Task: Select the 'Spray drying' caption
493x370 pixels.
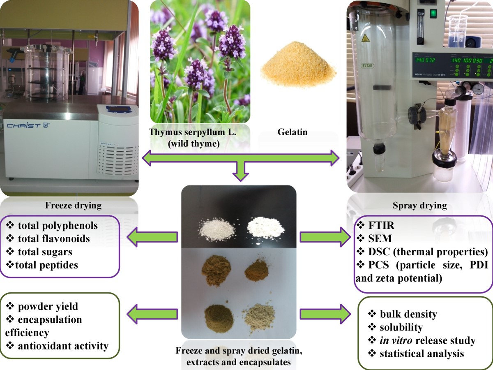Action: (420, 205)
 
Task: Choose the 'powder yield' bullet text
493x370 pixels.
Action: (48, 306)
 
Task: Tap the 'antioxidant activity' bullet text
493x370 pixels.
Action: (63, 346)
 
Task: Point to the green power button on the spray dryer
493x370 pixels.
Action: (433, 14)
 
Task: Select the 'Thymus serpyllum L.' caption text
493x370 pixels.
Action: (195, 133)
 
